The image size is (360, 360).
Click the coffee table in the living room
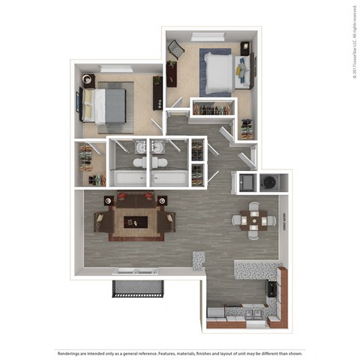[135, 220]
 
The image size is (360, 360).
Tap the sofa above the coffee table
[135, 200]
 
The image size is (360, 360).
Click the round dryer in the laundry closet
[269, 181]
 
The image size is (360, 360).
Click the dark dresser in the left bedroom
[158, 92]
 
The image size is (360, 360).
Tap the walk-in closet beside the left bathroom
[90, 163]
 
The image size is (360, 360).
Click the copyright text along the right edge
[352, 41]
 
